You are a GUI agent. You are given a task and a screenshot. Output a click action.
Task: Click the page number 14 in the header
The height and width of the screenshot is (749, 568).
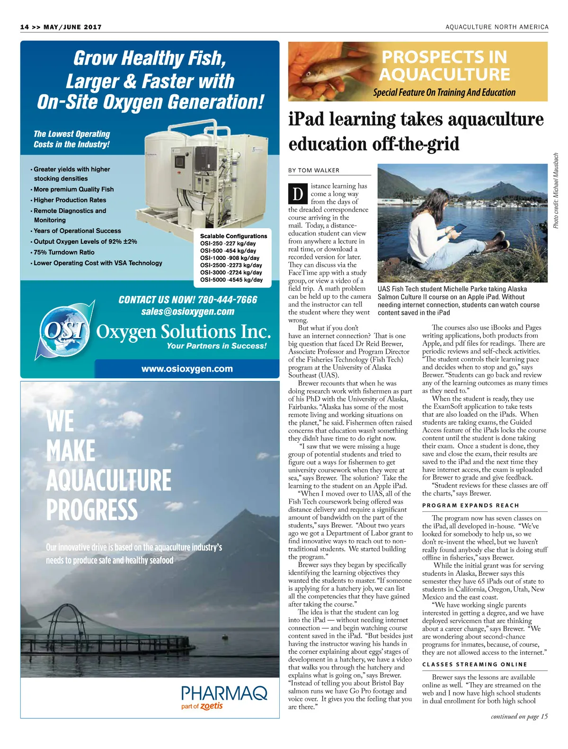pos(25,27)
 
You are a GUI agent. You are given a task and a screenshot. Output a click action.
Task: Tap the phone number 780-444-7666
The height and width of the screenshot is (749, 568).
pos(227,300)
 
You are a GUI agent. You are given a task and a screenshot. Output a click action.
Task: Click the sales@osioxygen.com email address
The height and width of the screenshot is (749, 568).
pos(187,312)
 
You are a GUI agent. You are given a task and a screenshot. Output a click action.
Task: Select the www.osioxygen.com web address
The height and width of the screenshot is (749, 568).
pos(187,369)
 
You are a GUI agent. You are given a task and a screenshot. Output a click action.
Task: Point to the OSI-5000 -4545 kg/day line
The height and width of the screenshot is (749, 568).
pos(231,280)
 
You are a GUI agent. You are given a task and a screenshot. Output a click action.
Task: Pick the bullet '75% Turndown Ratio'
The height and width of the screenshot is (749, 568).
pos(64,252)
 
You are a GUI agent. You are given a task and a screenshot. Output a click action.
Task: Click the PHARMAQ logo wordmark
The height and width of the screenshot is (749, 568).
pos(224,694)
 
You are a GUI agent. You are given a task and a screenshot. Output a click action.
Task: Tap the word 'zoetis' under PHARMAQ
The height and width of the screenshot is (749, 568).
pos(211,706)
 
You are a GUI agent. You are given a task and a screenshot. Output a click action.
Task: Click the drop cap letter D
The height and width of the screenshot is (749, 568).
pos(298,194)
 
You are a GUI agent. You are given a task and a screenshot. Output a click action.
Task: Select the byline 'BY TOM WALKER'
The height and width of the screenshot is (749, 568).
pos(314,170)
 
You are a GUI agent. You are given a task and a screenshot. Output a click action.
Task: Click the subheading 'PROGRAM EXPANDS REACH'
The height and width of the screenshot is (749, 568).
pos(470,505)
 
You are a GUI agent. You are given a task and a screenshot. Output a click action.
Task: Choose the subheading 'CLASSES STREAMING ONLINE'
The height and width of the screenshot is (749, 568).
pos(474,664)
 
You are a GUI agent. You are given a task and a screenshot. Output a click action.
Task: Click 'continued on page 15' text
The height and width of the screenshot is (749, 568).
pos(519,716)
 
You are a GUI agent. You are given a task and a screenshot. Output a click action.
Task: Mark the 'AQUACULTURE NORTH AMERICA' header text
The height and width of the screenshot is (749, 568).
pos(497,27)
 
